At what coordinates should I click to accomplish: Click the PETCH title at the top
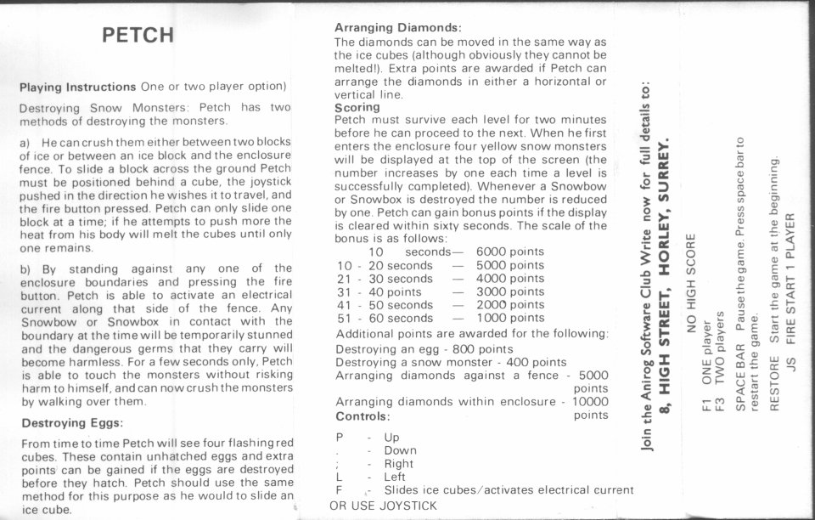[138, 35]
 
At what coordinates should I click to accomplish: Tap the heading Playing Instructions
[77, 87]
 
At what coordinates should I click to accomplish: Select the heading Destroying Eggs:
[72, 422]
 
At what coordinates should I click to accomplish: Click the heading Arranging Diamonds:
[398, 28]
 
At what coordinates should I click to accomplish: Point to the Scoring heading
[357, 108]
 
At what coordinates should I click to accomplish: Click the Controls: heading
[363, 416]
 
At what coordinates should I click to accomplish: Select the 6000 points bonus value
[510, 252]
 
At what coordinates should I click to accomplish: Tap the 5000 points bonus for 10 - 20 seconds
[510, 265]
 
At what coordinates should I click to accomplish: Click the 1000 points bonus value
[510, 318]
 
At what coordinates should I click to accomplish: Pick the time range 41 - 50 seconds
[385, 305]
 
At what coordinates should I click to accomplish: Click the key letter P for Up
[340, 438]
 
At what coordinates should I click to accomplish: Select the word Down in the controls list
[400, 450]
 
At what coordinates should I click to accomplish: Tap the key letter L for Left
[340, 477]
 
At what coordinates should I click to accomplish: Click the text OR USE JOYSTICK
[383, 506]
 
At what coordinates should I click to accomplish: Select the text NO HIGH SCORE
[691, 282]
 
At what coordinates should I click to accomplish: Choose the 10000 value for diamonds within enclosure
[590, 401]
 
